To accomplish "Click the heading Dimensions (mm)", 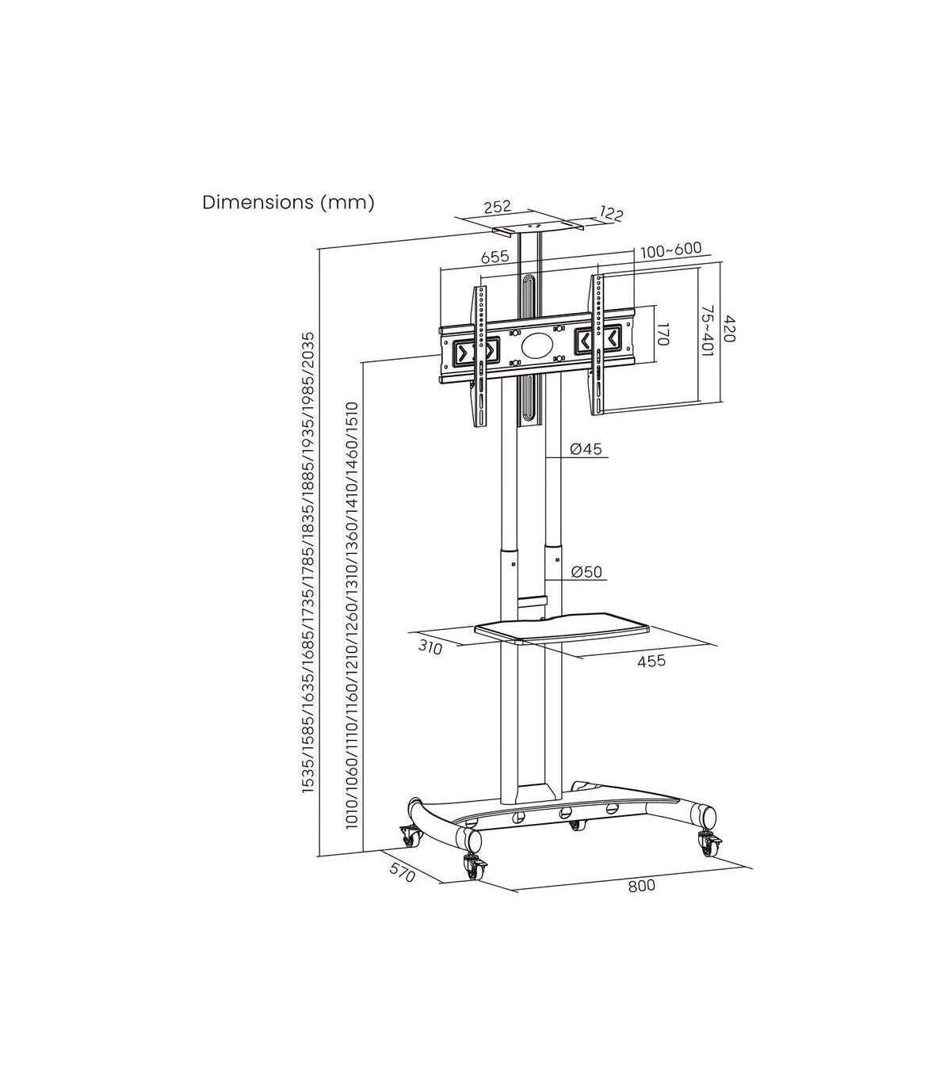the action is point(288,202).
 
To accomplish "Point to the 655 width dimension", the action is point(495,257).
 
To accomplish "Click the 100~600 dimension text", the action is point(671,250).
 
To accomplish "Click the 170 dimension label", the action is point(663,332).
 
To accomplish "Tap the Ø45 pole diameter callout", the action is point(586,449).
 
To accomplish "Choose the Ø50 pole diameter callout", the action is point(586,572).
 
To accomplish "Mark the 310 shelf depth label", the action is point(430,647).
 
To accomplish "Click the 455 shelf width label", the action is point(651,661).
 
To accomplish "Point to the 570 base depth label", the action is point(402,872).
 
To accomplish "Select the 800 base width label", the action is point(641,885).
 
